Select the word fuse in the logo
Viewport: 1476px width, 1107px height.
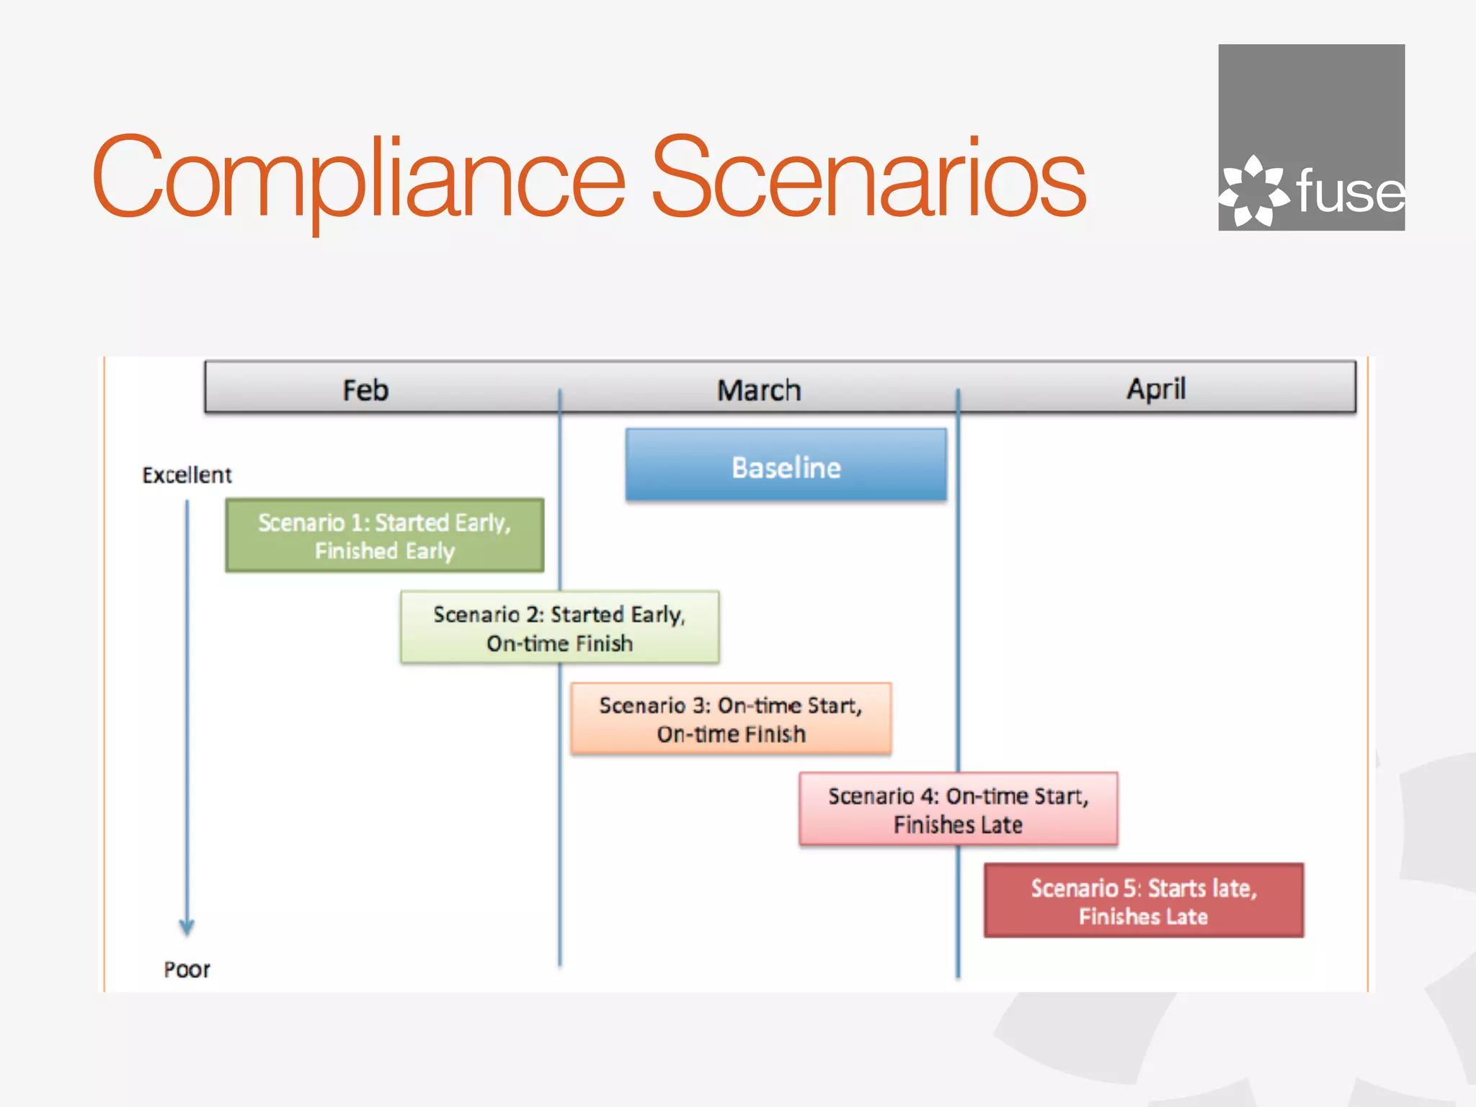click(x=1350, y=192)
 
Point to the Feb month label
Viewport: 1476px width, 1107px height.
click(x=365, y=391)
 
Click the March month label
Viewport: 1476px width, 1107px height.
click(x=759, y=391)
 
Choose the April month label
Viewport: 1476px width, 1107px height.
click(x=1156, y=389)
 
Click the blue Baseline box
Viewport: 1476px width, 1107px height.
click(x=786, y=466)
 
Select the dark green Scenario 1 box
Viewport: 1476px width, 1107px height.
click(x=384, y=535)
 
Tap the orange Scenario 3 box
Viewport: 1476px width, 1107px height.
click(x=731, y=719)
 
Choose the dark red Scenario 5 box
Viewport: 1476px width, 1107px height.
click(x=1144, y=901)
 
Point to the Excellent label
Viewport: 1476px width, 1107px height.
click(x=187, y=476)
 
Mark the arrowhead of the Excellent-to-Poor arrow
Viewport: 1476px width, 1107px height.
click(x=187, y=927)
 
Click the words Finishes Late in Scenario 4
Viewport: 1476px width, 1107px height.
click(x=958, y=825)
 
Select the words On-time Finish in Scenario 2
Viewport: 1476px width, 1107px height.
click(x=559, y=644)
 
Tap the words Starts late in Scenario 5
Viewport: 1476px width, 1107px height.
click(x=1202, y=889)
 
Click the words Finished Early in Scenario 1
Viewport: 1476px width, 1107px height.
click(x=384, y=551)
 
